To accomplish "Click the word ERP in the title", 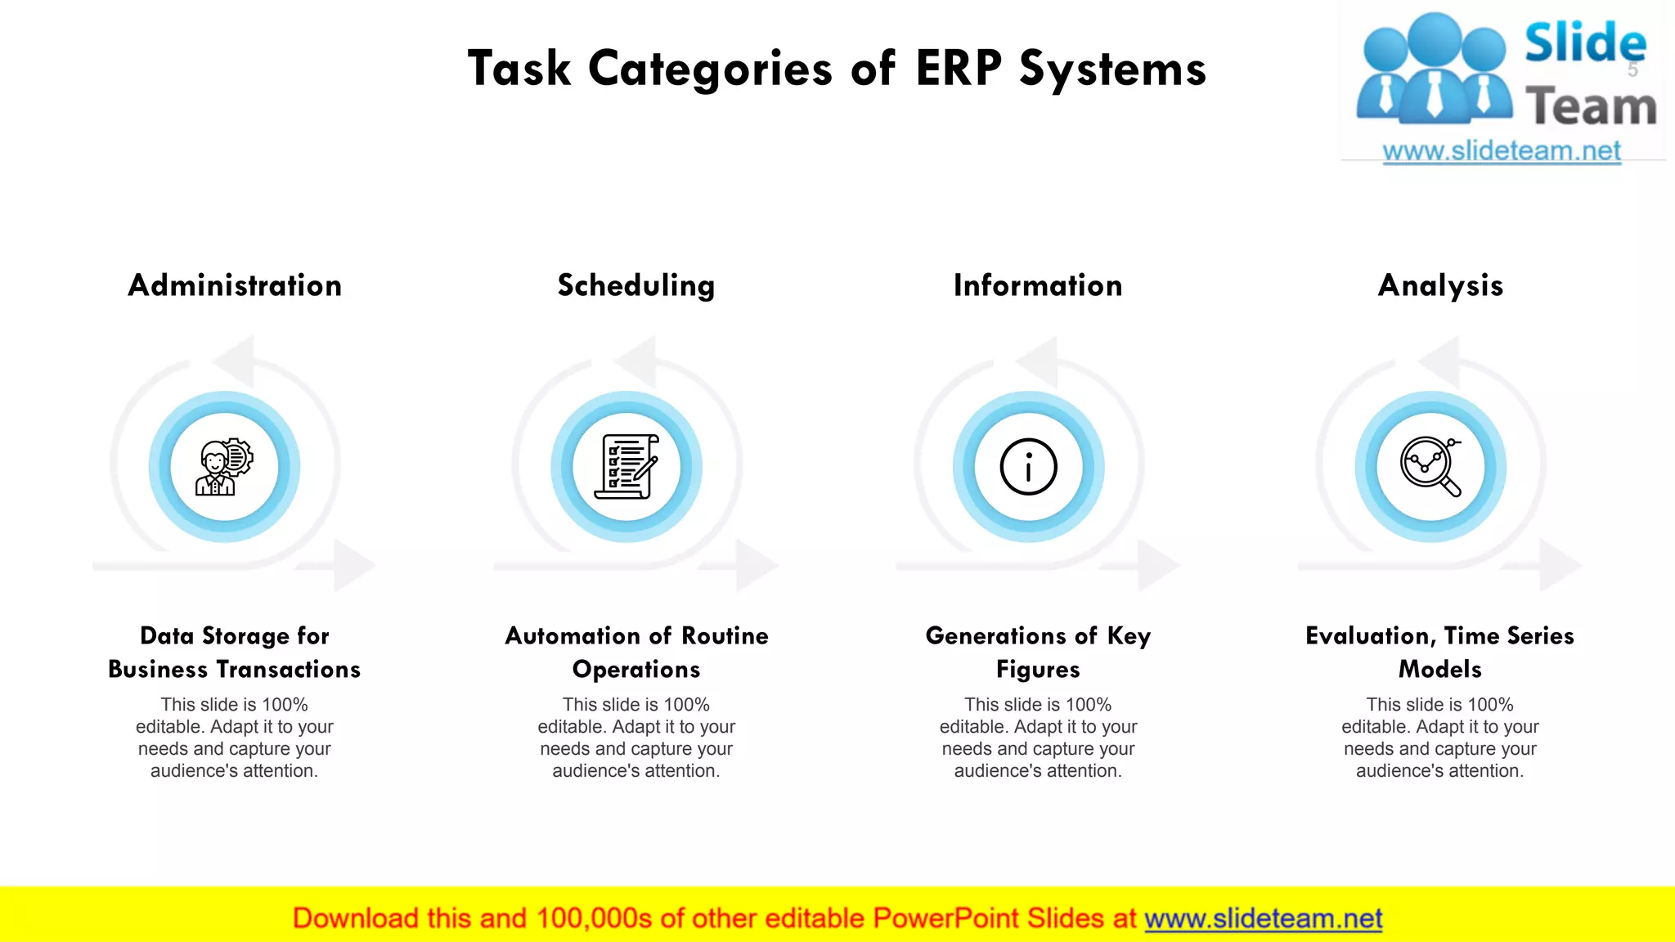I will click(958, 68).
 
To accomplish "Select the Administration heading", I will click(235, 285).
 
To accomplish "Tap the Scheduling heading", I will click(636, 285).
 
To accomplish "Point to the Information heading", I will click(1038, 285).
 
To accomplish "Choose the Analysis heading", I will click(1440, 285).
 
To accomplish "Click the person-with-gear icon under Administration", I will click(224, 467).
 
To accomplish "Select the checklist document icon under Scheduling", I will click(626, 467).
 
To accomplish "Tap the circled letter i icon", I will click(1028, 467).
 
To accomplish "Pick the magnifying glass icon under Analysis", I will click(1430, 467).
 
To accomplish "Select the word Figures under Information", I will click(1038, 670).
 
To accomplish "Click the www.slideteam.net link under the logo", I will click(1502, 151).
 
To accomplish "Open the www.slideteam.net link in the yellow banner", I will click(1263, 918).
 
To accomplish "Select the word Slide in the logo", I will click(1585, 43).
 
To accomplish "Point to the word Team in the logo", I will click(1590, 107).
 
